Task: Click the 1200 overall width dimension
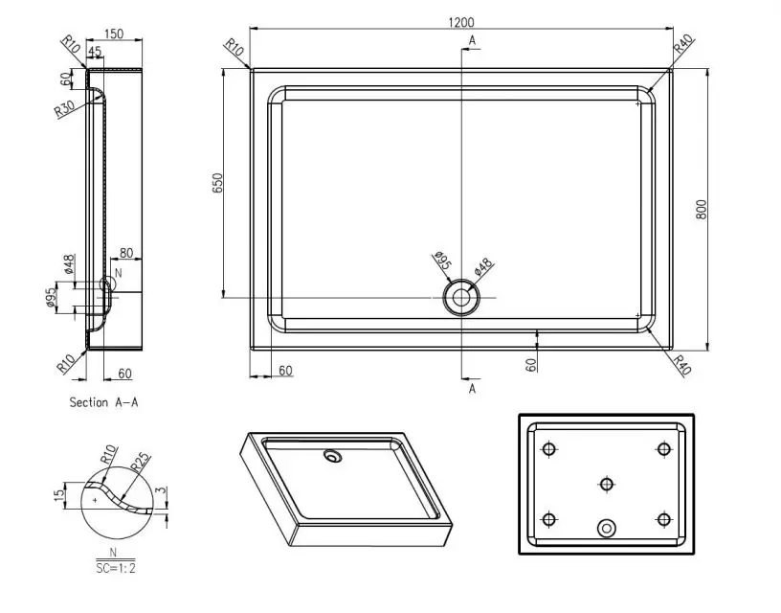pos(461,22)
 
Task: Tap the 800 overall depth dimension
pos(701,210)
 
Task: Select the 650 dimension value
pos(217,183)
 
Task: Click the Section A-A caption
pos(103,402)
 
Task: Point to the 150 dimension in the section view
pos(114,34)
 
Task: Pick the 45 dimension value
pos(95,51)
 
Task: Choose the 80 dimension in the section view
pos(126,253)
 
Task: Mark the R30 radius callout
pos(64,108)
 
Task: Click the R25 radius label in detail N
pos(140,462)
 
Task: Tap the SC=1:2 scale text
pos(116,568)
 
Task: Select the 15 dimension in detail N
pos(59,495)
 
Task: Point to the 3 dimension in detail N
pos(161,489)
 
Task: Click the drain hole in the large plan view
pos(461,298)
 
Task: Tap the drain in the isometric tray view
pos(332,455)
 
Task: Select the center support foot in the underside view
pos(606,484)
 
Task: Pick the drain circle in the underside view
pos(606,528)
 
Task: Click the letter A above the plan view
pos(472,40)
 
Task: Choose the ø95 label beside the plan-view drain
pos(442,261)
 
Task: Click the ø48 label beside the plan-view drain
pos(483,266)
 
